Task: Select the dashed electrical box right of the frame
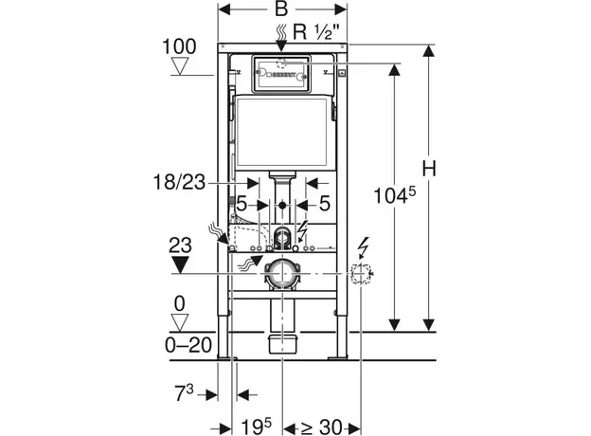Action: coord(361,276)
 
